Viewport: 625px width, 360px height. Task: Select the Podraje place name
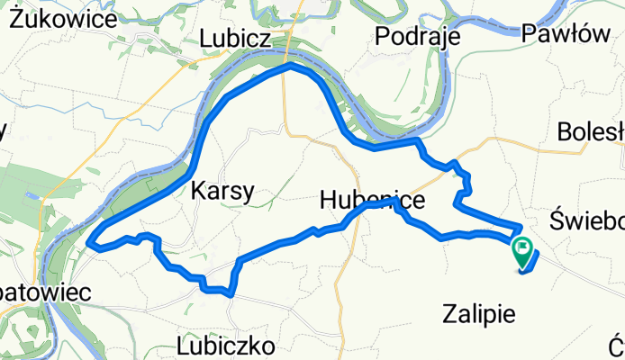(417, 36)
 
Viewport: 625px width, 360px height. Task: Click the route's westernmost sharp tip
(89, 242)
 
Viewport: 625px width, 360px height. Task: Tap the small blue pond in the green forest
(32, 194)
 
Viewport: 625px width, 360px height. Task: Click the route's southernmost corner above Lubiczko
(231, 292)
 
